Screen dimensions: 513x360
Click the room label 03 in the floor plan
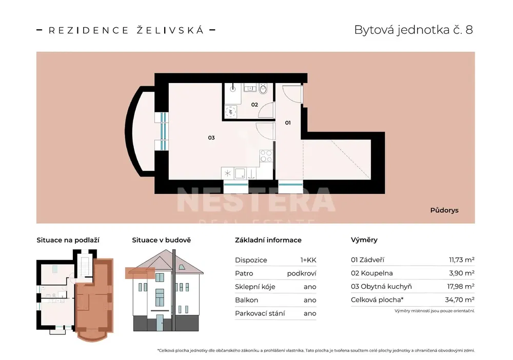211,137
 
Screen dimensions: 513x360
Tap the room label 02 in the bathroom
254,105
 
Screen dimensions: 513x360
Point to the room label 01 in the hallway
288,123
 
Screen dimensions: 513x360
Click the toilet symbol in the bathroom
263,88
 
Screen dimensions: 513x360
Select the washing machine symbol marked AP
230,112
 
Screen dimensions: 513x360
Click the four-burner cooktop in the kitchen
266,156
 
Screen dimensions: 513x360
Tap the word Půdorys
444,210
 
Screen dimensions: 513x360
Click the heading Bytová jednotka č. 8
413,30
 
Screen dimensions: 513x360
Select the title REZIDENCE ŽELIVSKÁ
126,30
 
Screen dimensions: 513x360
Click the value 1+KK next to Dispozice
308,261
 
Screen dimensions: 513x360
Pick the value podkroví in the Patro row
302,274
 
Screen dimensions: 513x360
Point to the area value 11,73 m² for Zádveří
462,260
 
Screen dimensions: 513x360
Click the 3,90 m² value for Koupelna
462,273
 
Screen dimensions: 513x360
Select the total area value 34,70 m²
460,299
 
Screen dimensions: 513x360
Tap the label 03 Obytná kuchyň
381,287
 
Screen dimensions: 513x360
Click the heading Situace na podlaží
68,241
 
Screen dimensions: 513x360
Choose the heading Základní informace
268,241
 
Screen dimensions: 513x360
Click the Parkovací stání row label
260,313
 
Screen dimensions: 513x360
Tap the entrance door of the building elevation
160,323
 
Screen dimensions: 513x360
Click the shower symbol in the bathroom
232,87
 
